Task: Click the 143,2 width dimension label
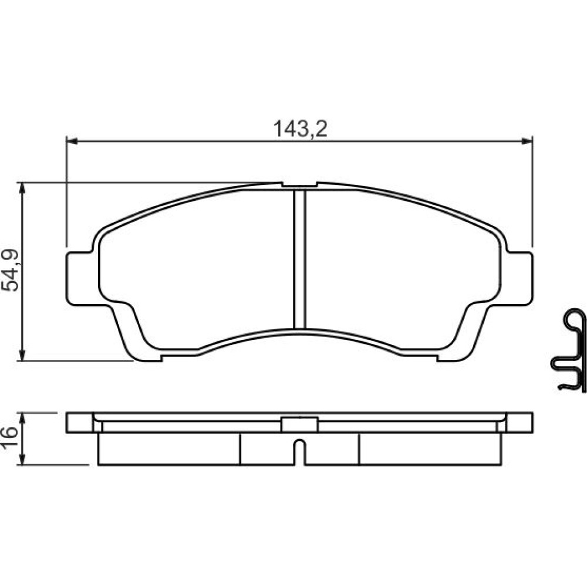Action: point(300,129)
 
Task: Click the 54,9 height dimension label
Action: point(10,270)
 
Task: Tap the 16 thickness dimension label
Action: point(10,438)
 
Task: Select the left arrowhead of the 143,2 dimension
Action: point(72,141)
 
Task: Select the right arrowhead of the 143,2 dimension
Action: point(527,141)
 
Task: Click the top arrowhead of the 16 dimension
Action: point(22,418)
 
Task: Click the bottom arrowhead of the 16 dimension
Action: point(22,460)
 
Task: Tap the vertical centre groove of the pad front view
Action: point(299,259)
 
